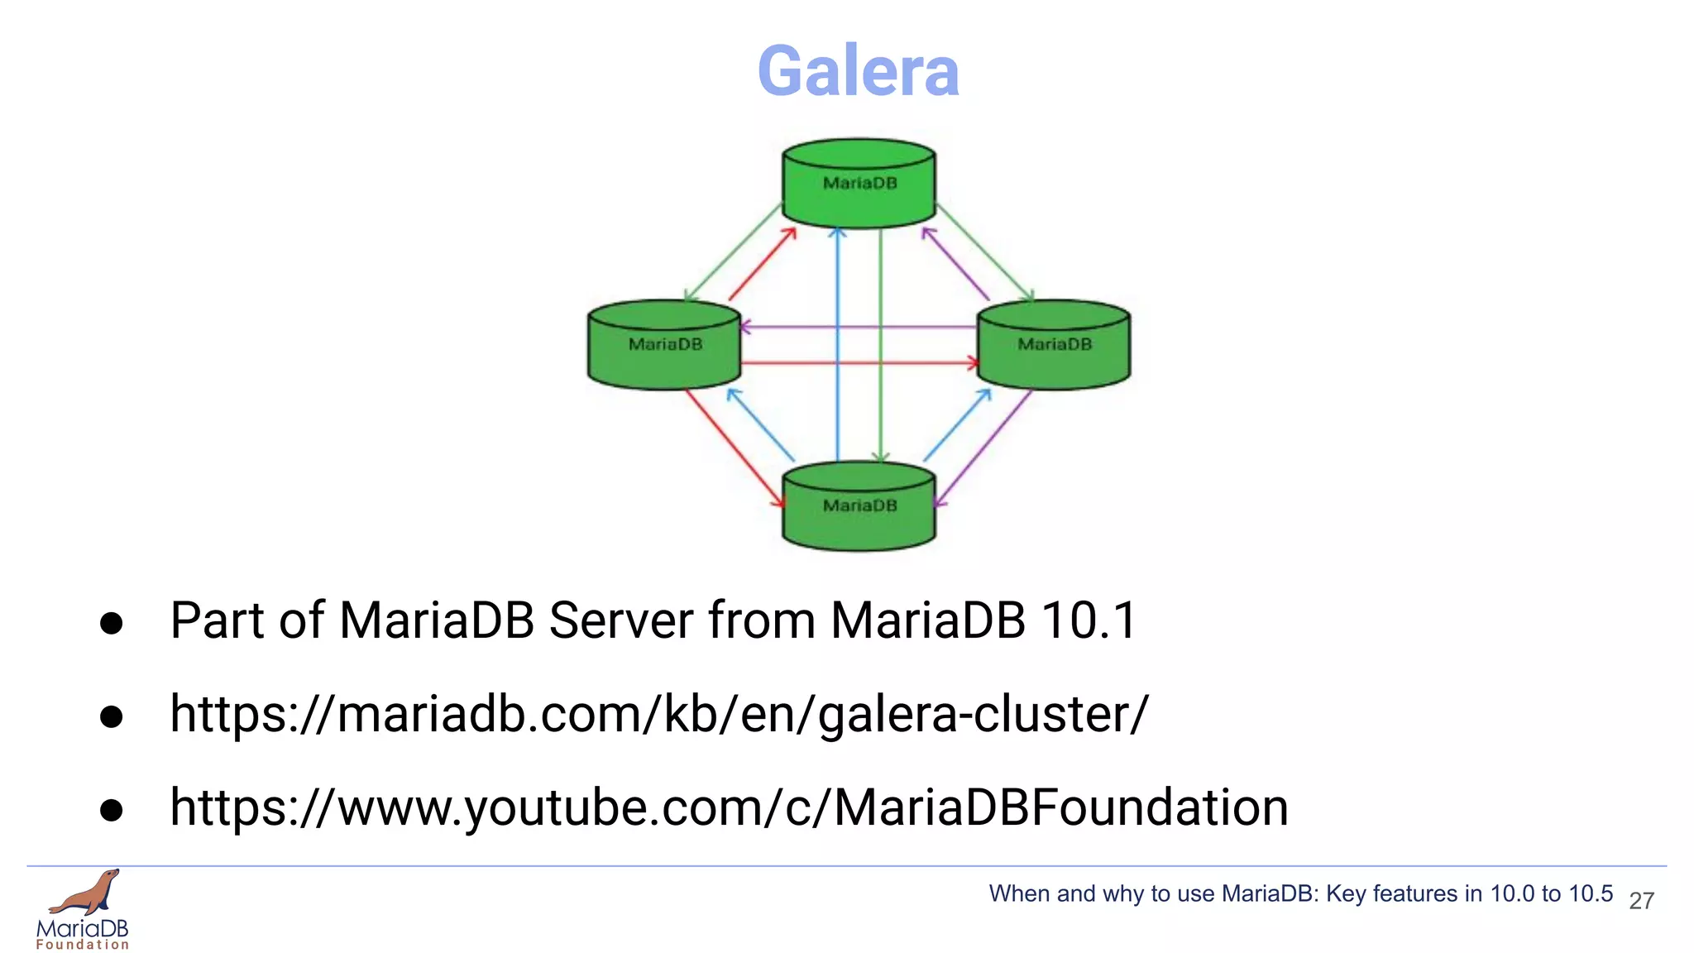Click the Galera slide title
(x=858, y=71)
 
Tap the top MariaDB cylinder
(x=859, y=184)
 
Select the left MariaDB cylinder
(x=664, y=345)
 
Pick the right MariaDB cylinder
(x=1054, y=345)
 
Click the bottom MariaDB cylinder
(x=859, y=506)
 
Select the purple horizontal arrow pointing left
(x=860, y=328)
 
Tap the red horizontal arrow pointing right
(x=860, y=362)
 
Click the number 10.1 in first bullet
(x=1089, y=620)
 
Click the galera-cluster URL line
(x=658, y=714)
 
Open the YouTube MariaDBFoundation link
(x=729, y=807)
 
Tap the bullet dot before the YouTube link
(x=111, y=810)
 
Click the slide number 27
(x=1641, y=901)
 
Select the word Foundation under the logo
(x=83, y=945)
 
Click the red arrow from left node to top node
(x=761, y=265)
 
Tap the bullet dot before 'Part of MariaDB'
(x=111, y=623)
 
